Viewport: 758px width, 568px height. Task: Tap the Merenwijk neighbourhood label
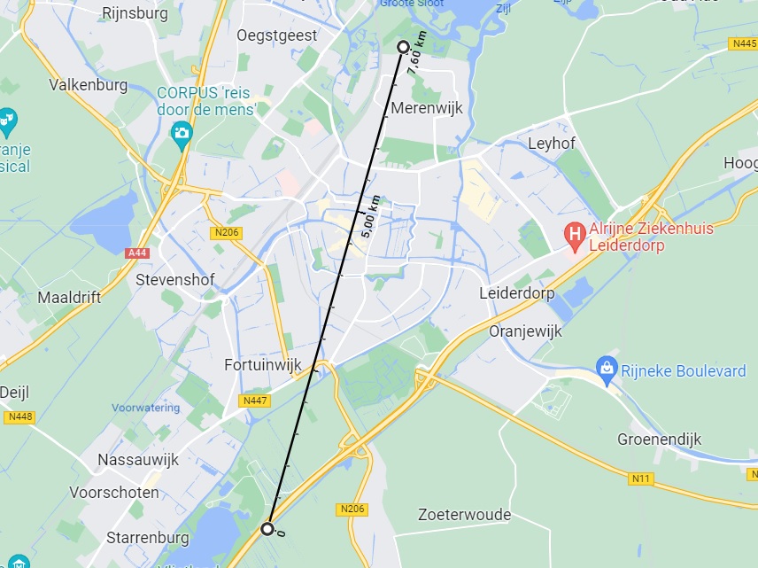(x=427, y=108)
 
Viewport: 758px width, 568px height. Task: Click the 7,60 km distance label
(x=417, y=52)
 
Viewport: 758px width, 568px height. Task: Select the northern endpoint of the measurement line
(x=403, y=46)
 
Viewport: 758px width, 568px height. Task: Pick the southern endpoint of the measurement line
(x=267, y=529)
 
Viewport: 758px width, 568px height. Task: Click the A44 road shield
(x=137, y=253)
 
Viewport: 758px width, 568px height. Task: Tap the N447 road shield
(x=254, y=401)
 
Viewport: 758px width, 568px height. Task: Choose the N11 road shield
(x=642, y=479)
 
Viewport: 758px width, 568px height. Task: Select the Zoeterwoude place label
(x=464, y=515)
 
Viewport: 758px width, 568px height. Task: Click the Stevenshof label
(x=176, y=279)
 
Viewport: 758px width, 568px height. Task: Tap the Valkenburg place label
(x=89, y=85)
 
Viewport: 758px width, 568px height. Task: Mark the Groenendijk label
(x=659, y=440)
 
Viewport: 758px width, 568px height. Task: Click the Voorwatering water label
(x=145, y=408)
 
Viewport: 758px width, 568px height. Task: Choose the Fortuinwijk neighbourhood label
(x=263, y=364)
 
